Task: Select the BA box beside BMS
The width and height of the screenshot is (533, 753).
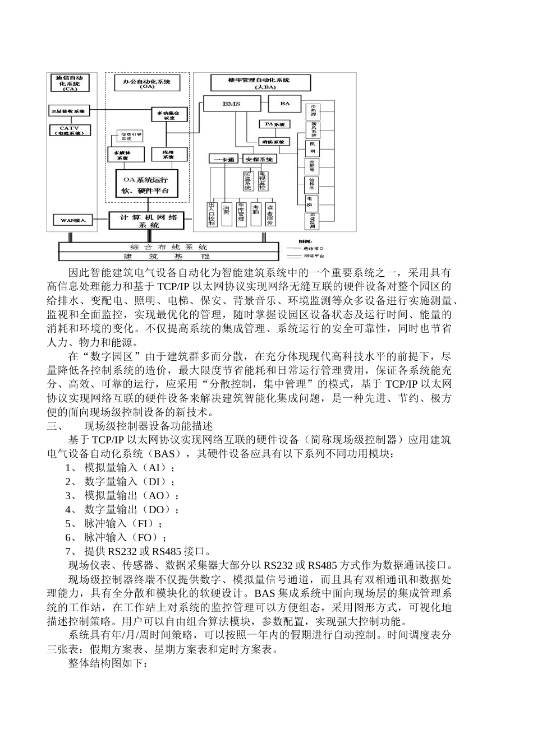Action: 284,104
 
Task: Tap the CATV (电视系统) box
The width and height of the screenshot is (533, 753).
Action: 70,131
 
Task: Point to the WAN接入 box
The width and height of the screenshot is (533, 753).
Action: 73,220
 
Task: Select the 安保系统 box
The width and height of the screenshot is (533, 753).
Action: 258,159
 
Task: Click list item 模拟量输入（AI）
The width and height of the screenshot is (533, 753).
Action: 129,468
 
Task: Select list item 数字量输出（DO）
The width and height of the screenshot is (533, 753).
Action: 131,510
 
